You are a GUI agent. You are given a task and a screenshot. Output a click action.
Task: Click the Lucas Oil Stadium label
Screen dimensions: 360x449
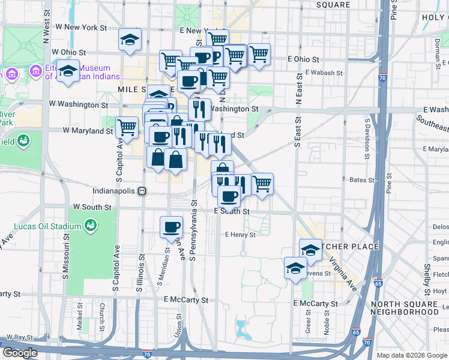point(47,226)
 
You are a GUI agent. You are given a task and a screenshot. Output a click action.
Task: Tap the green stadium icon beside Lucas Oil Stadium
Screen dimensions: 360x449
point(91,226)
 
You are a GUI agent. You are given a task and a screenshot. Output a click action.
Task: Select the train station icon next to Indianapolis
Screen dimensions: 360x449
point(142,191)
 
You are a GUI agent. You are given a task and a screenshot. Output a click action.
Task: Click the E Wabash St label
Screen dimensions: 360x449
point(323,72)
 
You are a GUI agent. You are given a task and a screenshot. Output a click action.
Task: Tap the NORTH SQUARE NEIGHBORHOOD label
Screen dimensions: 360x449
point(405,308)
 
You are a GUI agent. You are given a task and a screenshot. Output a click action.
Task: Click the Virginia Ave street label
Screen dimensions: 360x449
point(342,280)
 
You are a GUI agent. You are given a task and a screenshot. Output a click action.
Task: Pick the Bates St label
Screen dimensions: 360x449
point(361,179)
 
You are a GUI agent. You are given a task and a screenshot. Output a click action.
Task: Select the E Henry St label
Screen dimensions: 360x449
point(240,235)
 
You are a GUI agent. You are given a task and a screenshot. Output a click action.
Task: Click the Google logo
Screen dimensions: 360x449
point(20,353)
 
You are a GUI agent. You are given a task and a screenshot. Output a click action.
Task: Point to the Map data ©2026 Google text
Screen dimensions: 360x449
point(412,355)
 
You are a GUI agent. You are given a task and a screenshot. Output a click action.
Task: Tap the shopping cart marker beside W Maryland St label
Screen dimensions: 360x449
point(127,127)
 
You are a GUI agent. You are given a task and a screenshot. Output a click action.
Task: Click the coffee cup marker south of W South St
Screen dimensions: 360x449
point(172,226)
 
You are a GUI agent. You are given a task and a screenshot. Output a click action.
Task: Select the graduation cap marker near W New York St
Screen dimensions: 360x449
point(130,40)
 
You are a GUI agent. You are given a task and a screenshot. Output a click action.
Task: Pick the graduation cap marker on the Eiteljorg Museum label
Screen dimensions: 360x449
point(68,70)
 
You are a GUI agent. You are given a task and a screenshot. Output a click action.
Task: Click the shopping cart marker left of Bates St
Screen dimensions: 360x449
point(262,184)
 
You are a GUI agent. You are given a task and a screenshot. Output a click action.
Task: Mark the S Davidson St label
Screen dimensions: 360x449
point(367,139)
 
